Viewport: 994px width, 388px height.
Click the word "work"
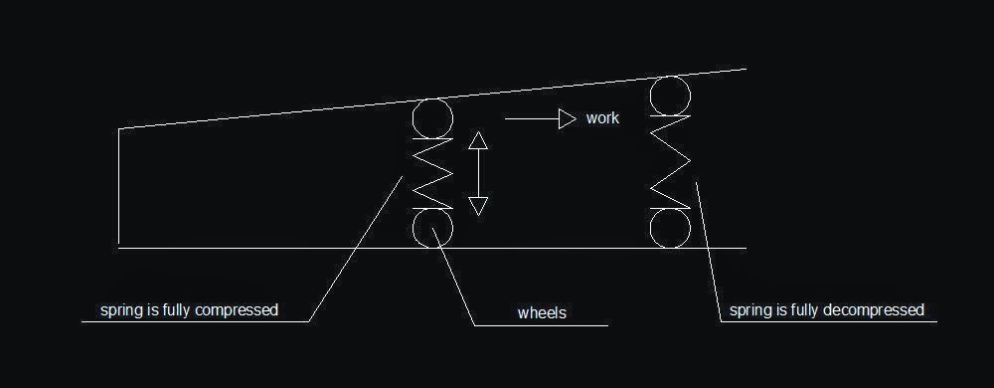[x=602, y=118]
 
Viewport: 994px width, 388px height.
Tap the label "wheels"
[x=542, y=312]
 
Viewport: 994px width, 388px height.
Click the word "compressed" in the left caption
[x=237, y=310]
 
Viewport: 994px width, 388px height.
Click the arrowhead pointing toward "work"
[x=568, y=118]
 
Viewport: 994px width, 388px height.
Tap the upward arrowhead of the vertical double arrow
[x=478, y=140]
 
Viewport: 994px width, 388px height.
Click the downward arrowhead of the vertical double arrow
[x=478, y=206]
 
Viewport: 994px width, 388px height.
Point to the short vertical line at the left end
[x=118, y=186]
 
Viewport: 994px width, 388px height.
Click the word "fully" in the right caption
[x=804, y=310]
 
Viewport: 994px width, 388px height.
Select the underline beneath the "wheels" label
[x=542, y=326]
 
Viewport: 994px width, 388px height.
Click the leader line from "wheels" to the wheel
[x=454, y=277]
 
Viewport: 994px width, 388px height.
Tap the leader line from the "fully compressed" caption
[x=356, y=249]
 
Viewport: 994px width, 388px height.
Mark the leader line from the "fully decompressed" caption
[x=708, y=252]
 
